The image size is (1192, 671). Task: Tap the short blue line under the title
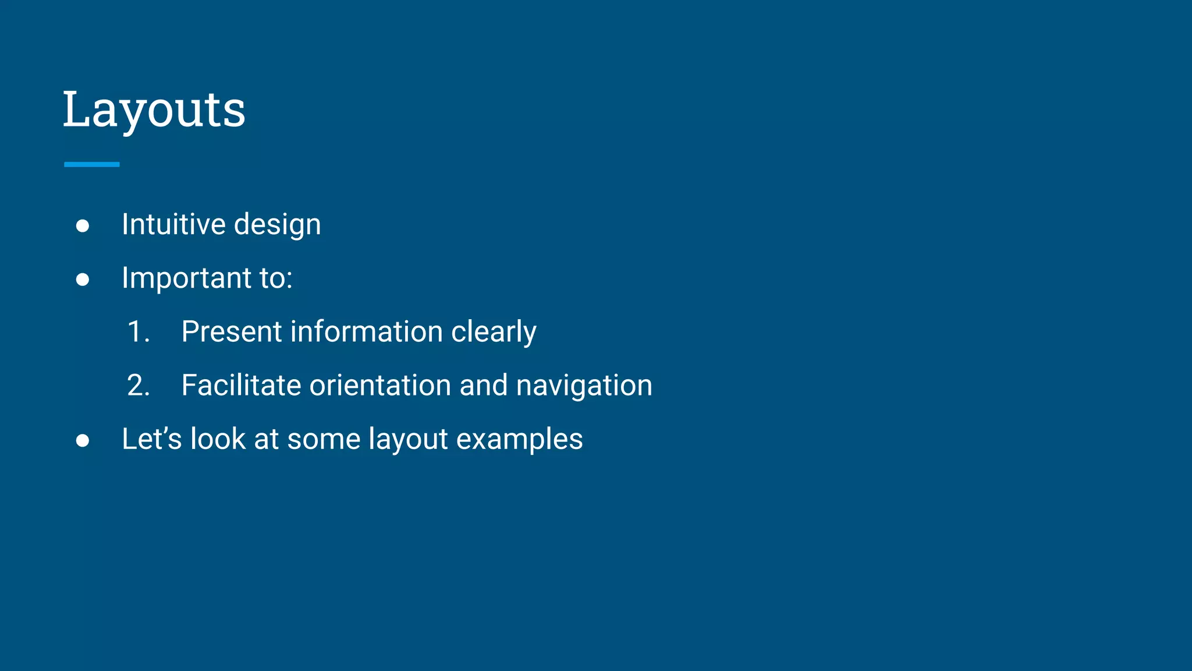click(92, 165)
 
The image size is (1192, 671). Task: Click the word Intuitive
click(173, 224)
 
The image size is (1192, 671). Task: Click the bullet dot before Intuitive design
click(83, 226)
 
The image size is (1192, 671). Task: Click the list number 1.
click(137, 332)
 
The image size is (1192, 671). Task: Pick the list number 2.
click(138, 386)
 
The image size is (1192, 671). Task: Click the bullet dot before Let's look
click(83, 441)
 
